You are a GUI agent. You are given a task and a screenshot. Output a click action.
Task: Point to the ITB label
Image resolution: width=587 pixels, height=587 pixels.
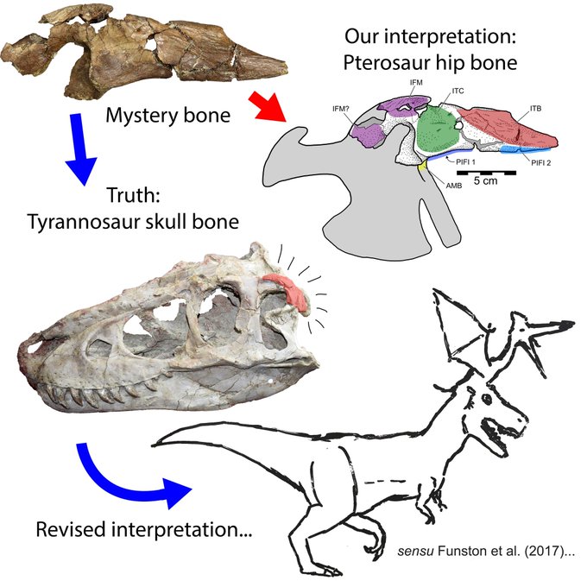coord(537,107)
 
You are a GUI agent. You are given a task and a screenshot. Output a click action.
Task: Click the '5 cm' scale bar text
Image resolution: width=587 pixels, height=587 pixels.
coord(485,183)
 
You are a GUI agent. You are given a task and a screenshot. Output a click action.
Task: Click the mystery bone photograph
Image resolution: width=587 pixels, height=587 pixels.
coord(142,52)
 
